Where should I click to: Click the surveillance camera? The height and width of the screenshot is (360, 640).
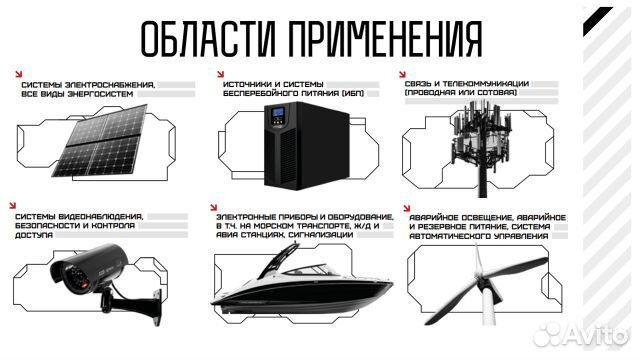click(99, 268)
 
